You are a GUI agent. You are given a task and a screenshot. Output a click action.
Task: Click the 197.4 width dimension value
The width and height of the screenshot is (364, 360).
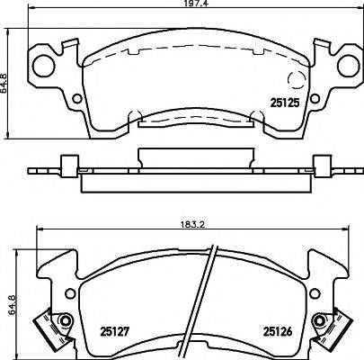tap(193, 4)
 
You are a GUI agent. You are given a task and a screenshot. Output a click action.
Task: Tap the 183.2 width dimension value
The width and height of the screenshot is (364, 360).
tap(194, 225)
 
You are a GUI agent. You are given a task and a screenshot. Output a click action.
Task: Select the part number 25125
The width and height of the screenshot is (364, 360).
tap(285, 103)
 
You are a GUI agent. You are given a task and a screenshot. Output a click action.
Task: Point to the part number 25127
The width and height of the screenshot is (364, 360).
tap(114, 331)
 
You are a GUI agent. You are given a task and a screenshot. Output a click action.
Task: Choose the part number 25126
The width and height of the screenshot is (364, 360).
tap(278, 331)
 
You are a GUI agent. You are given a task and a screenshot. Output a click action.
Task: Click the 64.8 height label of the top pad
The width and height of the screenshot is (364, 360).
tap(4, 84)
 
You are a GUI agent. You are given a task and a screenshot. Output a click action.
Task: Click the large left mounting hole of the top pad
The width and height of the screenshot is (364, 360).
tap(44, 66)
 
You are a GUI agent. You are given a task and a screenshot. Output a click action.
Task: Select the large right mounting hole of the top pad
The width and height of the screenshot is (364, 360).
tap(349, 66)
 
